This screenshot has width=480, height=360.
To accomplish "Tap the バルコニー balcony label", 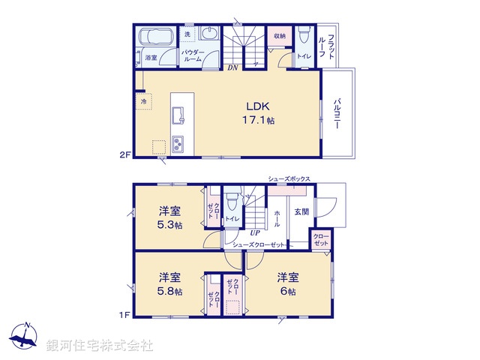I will pos(337,112).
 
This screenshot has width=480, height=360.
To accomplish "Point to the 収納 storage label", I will pos(280,36).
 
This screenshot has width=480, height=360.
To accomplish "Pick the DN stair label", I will pos(233,67).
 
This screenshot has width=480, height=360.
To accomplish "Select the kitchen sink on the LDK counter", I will pos(180,115).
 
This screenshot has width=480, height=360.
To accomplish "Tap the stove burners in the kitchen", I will pos(180,142).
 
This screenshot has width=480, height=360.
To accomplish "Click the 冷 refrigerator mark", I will pos(142,100).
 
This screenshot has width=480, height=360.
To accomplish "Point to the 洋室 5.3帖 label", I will pos(169,217).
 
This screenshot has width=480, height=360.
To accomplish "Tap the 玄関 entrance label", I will pos(301,211).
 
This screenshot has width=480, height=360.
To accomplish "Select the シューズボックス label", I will pos(289,179).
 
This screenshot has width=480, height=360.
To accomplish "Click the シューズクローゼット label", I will pos(259,245).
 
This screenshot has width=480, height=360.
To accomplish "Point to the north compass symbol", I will pos(25,337).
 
